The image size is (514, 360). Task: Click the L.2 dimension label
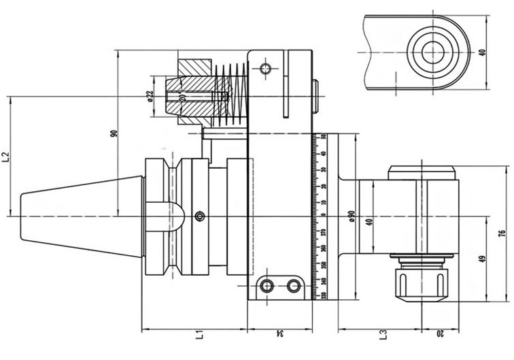click(6, 157)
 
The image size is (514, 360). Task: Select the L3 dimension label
click(383, 335)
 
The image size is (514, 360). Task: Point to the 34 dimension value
click(280, 334)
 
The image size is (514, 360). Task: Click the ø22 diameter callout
click(150, 96)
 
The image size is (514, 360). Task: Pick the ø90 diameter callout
click(352, 216)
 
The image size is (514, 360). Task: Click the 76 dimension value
click(502, 233)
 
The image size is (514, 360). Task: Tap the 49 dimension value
click(482, 259)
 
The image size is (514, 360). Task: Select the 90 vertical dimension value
click(115, 136)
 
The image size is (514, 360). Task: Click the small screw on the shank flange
click(199, 216)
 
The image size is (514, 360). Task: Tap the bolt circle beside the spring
click(264, 69)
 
